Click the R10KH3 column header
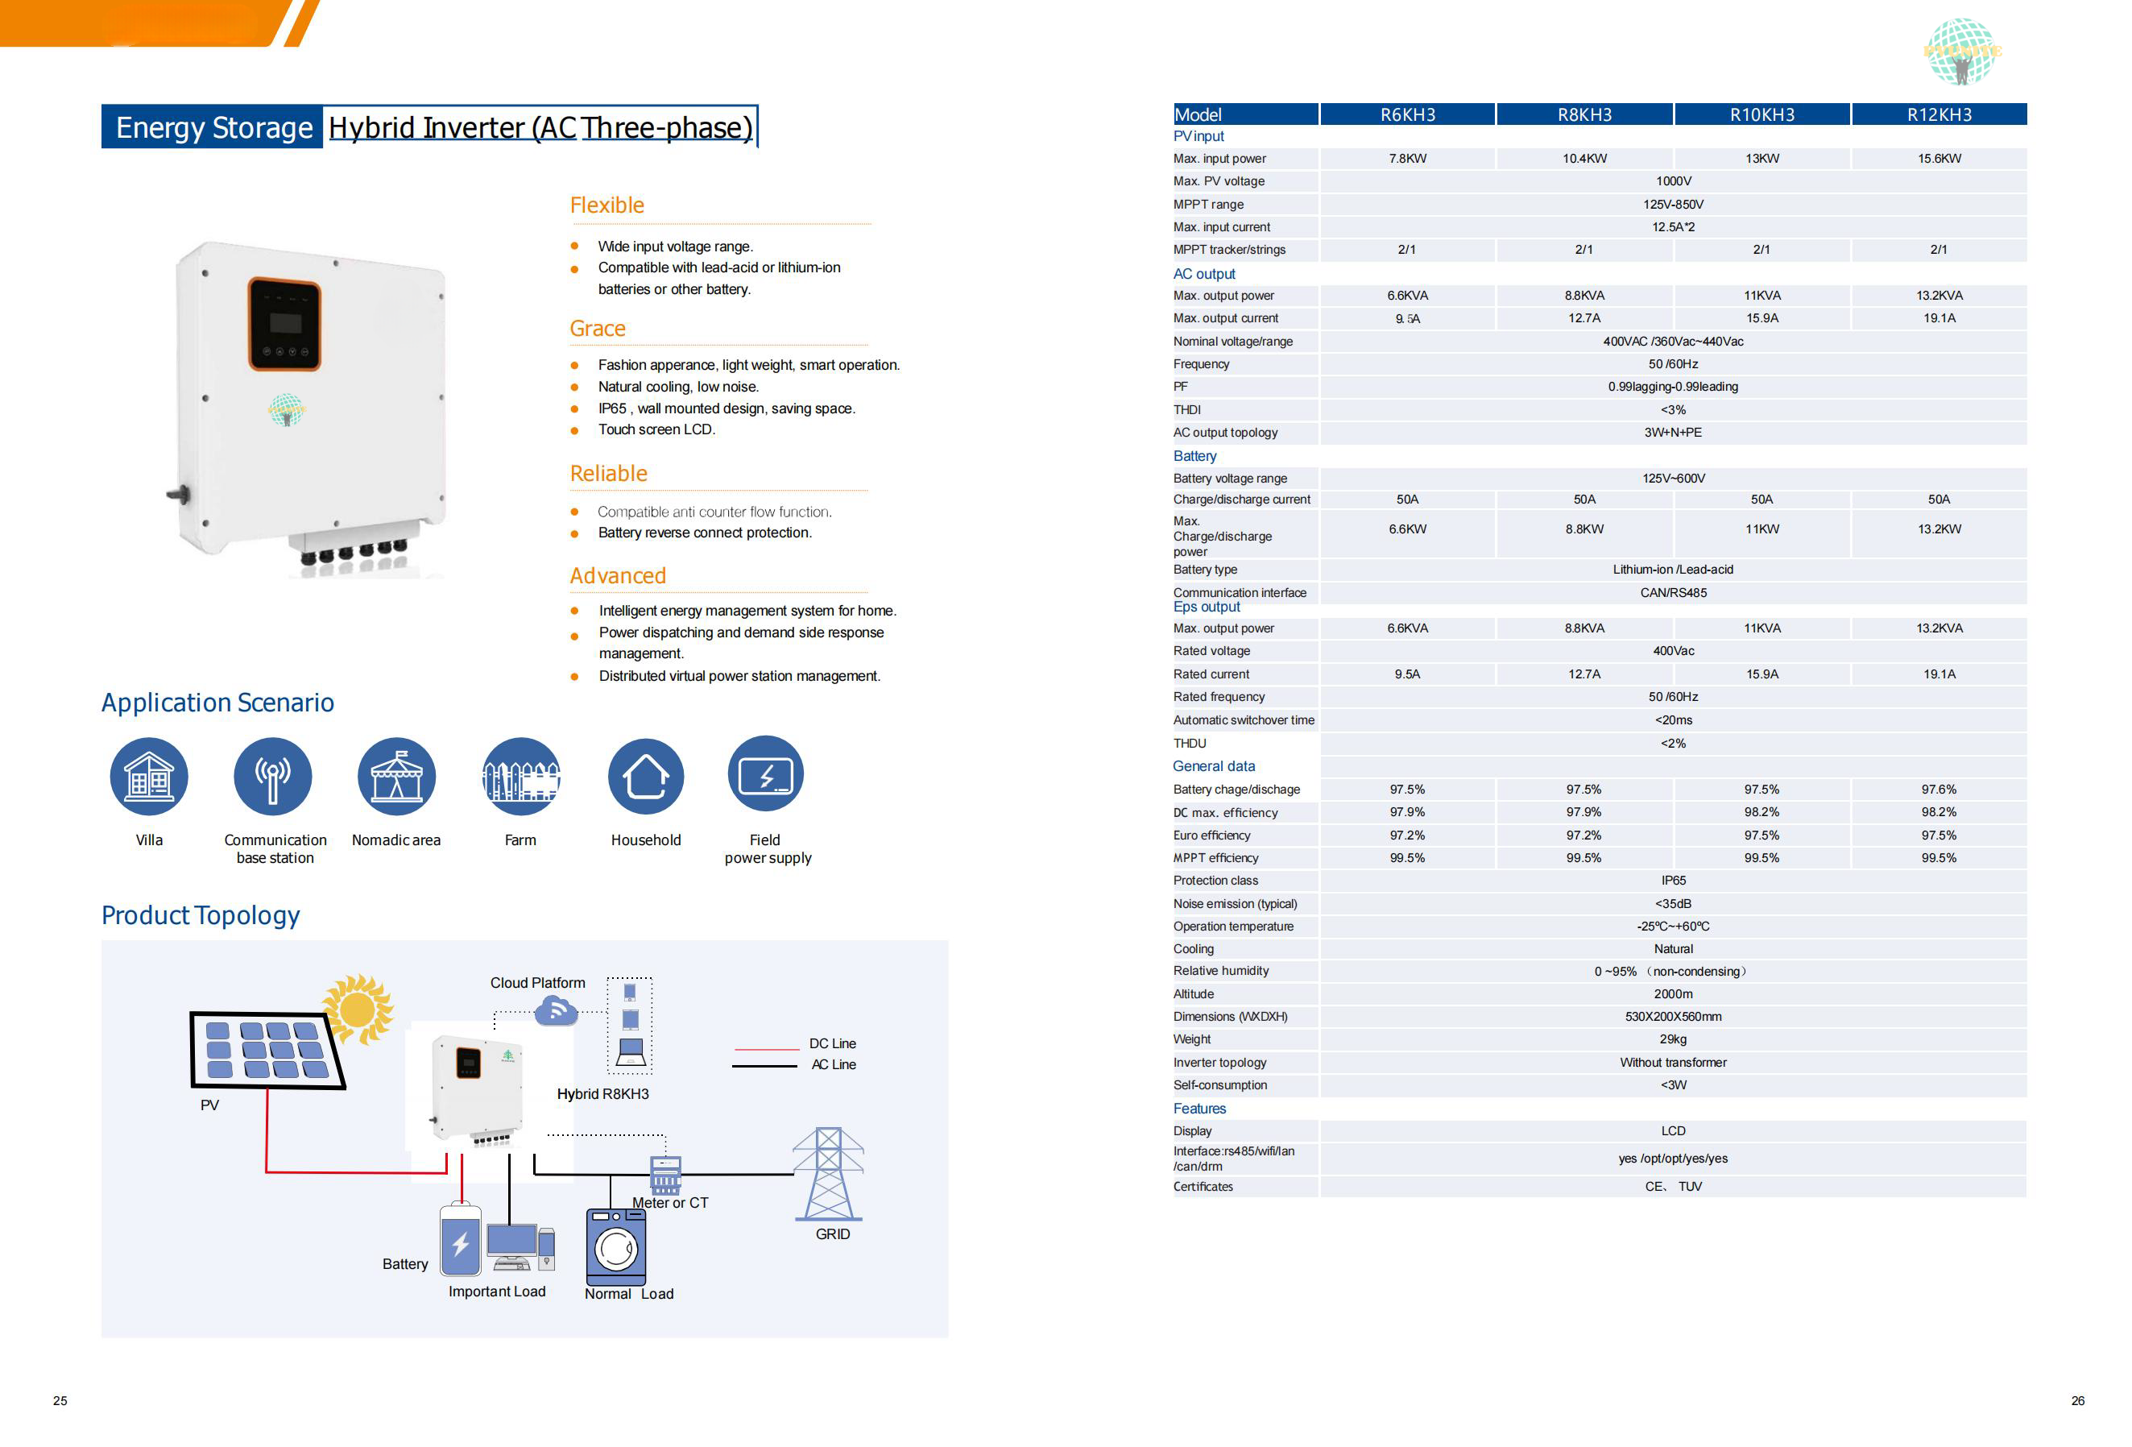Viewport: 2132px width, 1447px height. pos(1761,114)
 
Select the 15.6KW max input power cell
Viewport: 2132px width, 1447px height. pos(1939,159)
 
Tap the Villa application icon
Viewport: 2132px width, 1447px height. pos(149,776)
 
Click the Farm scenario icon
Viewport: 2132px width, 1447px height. pos(520,776)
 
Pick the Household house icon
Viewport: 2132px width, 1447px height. pos(646,776)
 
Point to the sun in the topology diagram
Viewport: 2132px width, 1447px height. pos(358,1009)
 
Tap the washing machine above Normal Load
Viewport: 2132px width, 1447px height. pos(615,1246)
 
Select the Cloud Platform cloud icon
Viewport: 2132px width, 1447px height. pos(556,1010)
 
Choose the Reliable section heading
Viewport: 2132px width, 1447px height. pos(608,474)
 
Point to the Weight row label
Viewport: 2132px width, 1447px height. pos(1192,1039)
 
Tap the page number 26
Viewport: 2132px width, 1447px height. pos(2077,1400)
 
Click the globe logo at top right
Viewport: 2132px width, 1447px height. pos(1961,52)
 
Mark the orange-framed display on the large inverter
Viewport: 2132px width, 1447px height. pos(284,324)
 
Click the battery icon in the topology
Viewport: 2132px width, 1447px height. pos(461,1241)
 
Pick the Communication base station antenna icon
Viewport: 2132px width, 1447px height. pos(272,776)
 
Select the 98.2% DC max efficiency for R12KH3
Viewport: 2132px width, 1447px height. pos(1939,812)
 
